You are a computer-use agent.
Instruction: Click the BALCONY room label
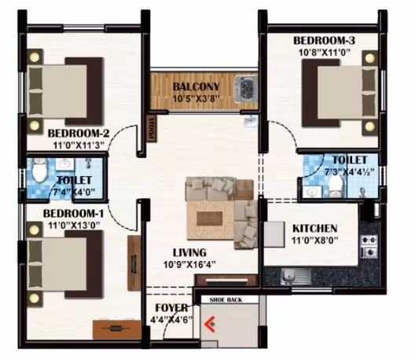coord(196,86)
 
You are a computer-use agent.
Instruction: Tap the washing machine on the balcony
coord(246,89)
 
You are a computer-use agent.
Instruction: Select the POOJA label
coord(152,128)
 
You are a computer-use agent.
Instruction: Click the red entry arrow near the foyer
coord(209,324)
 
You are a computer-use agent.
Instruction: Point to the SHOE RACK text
coord(226,300)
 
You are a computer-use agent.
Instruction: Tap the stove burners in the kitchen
coord(369,246)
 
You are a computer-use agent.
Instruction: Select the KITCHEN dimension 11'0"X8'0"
coord(315,241)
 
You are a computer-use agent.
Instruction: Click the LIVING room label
coord(189,253)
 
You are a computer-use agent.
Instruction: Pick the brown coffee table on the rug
coord(210,219)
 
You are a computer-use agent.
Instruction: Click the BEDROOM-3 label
coord(324,41)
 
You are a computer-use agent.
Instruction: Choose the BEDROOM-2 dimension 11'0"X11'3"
coord(79,145)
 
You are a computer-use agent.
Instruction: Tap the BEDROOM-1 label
coord(73,213)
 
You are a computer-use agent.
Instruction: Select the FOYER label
coord(171,308)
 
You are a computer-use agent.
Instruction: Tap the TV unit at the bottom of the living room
coord(226,281)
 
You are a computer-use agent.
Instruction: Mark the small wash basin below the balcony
coord(250,122)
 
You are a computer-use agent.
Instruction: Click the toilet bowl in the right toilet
coord(335,186)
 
